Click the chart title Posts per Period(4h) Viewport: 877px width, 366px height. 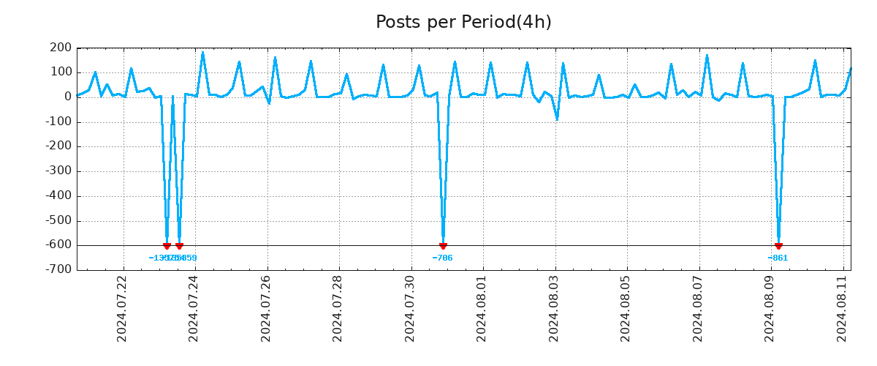coord(463,22)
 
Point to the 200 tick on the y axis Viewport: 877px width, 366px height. coord(61,48)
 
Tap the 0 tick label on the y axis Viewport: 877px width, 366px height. coord(67,97)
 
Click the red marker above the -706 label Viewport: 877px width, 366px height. coord(443,246)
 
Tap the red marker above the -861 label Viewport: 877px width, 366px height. coord(778,246)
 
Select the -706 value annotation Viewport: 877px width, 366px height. coord(442,258)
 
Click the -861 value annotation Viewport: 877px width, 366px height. coord(778,258)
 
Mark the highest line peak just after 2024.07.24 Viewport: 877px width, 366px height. coord(202,52)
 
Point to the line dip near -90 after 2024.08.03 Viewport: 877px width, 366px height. coord(557,119)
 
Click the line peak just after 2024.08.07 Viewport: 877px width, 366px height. coord(707,55)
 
